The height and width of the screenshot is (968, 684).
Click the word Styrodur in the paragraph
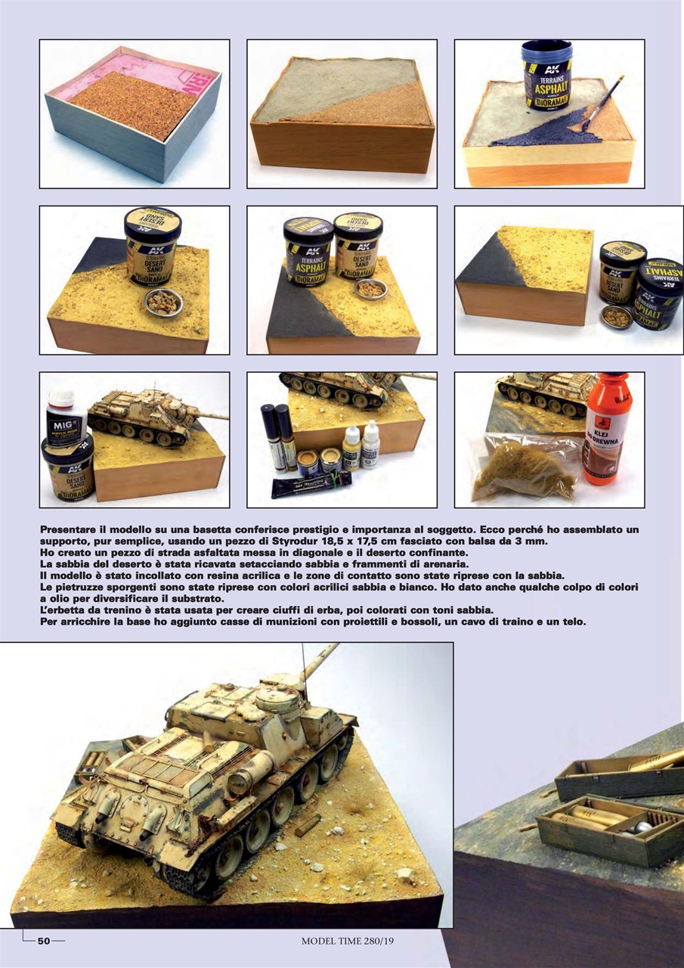click(x=286, y=542)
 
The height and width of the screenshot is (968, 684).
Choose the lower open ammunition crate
click(x=605, y=828)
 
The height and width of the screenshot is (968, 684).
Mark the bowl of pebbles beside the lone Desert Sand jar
click(x=163, y=302)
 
